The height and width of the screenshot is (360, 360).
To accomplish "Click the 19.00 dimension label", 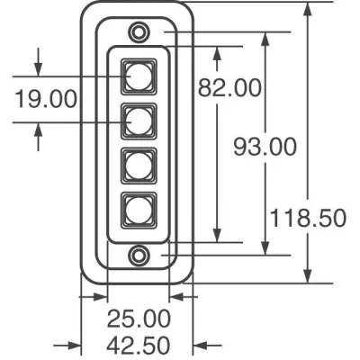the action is point(46,99).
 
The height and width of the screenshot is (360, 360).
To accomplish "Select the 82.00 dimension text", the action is point(229,87).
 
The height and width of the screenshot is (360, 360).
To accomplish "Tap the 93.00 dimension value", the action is point(265,147).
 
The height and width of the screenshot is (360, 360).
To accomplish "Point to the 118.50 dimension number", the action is point(308,218).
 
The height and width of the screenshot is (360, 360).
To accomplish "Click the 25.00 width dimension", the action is point(139,319).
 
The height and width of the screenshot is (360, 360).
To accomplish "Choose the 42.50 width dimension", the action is point(139,345).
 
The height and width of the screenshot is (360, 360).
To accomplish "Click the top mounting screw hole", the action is point(139,31).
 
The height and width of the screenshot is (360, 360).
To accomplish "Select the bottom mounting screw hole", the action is point(139,255).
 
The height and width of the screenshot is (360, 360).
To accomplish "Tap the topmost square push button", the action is point(139,76).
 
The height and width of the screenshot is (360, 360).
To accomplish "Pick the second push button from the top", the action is point(139,121).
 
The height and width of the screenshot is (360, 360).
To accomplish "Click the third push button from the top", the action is point(139,166).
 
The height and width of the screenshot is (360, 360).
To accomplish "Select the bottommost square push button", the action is point(139,211).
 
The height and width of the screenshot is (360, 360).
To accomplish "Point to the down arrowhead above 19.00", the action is point(38,69).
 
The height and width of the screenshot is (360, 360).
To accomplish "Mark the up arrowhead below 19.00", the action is point(38,130).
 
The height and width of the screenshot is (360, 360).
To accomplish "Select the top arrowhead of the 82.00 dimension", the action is point(217,54).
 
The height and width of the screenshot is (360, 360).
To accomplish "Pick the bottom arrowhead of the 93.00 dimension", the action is point(265,247).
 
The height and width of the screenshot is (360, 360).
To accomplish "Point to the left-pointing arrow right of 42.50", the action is point(207,346).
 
